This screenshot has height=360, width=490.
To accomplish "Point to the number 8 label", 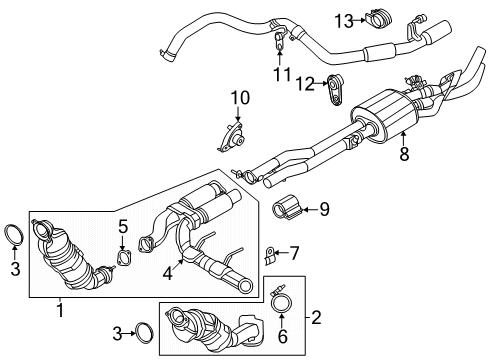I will [404, 156].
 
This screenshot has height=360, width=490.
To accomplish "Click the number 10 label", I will [238, 97].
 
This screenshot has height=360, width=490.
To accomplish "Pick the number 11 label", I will [284, 74].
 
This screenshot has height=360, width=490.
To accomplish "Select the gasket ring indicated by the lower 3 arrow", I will [143, 332].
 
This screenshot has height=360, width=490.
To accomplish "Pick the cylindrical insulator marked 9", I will [288, 209].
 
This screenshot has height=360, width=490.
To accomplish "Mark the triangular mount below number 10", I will [234, 139].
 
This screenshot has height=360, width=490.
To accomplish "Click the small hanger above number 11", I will [279, 41].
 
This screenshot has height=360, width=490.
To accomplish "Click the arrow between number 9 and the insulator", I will [310, 209].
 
